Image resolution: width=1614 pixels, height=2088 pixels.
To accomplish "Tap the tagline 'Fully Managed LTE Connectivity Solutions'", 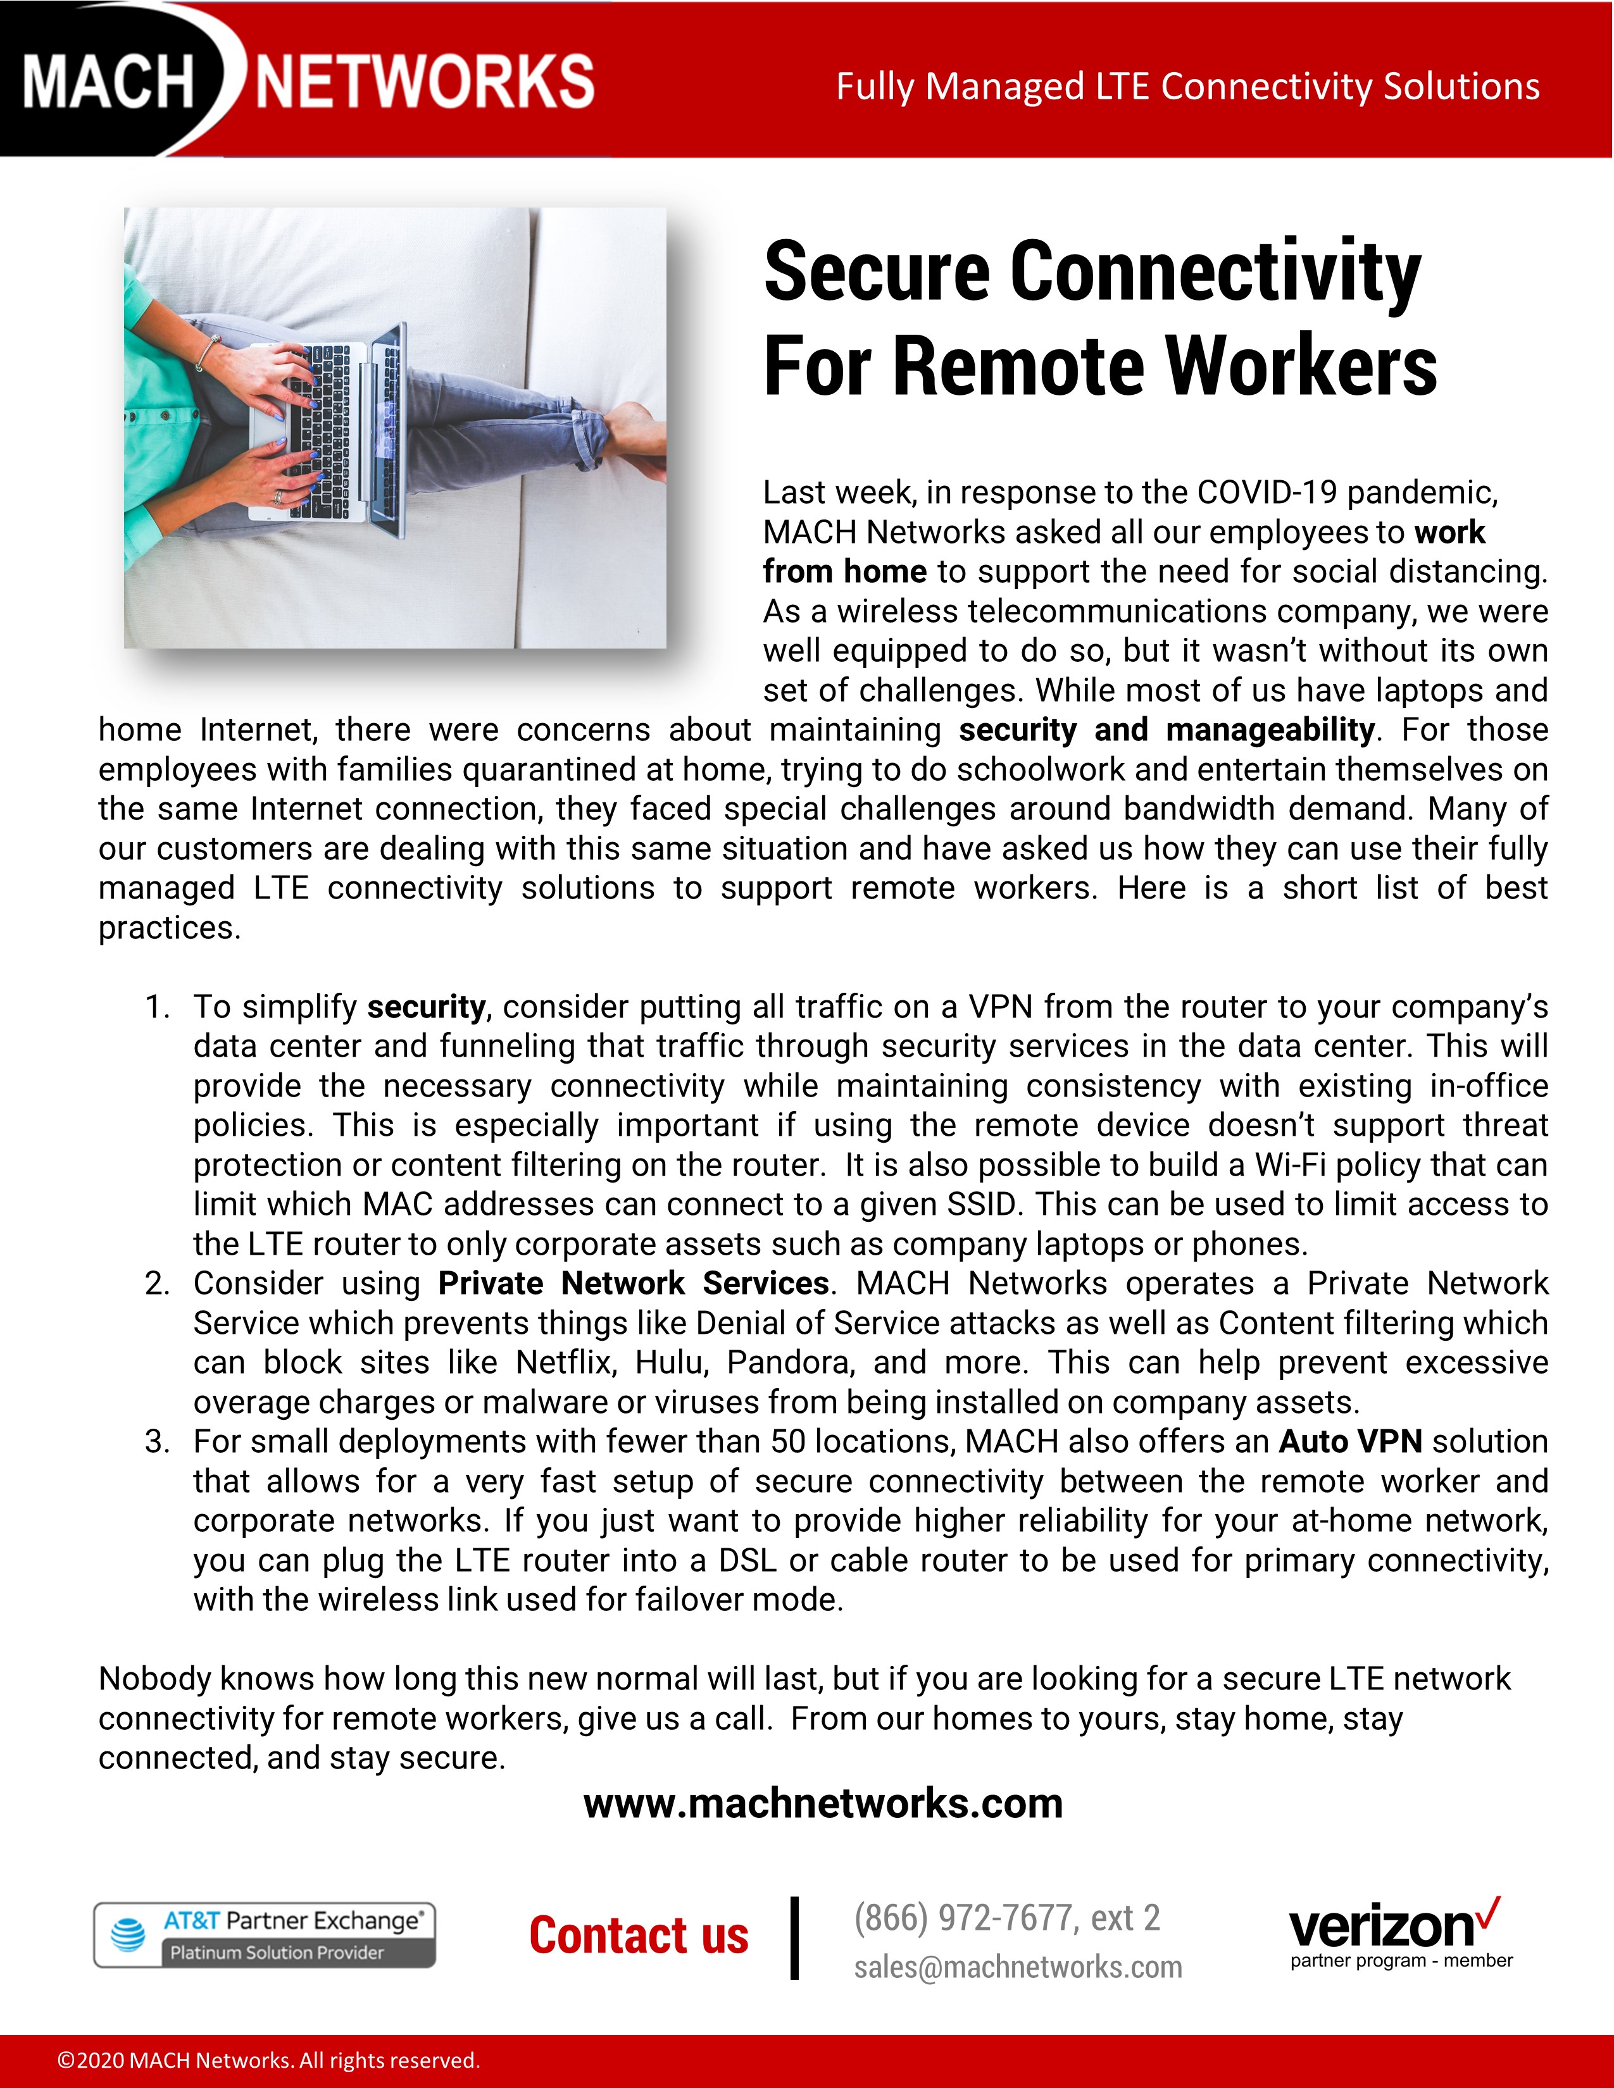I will tap(1187, 86).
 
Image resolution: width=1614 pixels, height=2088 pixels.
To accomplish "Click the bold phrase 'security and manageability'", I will tap(1167, 730).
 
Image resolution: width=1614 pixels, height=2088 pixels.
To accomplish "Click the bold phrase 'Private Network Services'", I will tap(633, 1283).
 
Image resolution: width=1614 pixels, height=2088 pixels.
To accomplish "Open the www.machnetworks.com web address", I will tap(823, 1804).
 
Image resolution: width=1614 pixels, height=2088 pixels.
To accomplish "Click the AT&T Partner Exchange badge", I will tap(265, 1935).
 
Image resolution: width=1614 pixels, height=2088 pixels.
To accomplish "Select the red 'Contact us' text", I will tap(639, 1936).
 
